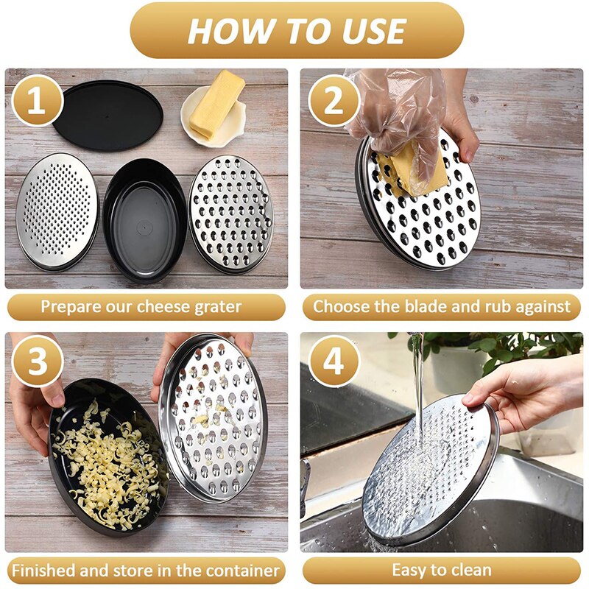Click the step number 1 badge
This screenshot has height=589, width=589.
pos(35,101)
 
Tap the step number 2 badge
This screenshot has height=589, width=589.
pos(334,101)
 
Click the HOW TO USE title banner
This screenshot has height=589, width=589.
pos(297,31)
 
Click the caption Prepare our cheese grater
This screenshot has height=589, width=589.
pos(146,307)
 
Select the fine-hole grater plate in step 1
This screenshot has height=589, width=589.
pos(57,210)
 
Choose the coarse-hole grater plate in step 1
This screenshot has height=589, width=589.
pos(230,214)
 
